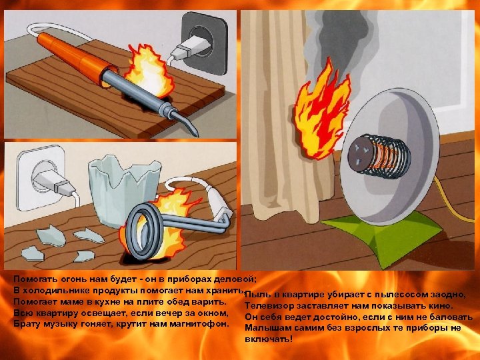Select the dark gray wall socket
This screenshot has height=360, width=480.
click(x=204, y=43)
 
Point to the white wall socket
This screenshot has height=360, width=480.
click(x=41, y=178)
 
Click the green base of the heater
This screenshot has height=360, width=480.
click(x=383, y=235)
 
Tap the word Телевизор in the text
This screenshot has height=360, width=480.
click(x=265, y=305)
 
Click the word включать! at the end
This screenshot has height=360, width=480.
click(x=269, y=339)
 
